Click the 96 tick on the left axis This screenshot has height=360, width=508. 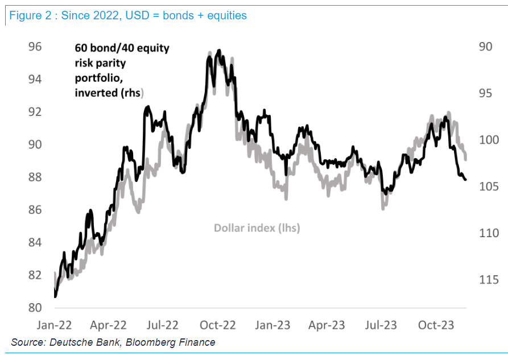35,47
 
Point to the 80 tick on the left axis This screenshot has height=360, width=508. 35,308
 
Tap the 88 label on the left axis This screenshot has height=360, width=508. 35,177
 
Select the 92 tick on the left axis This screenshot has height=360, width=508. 35,112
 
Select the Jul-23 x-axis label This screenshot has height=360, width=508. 381,325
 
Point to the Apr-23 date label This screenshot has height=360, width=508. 328,325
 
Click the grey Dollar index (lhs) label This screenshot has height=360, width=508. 257,228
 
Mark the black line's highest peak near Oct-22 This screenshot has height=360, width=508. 219,50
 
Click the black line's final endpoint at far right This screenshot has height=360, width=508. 466,180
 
